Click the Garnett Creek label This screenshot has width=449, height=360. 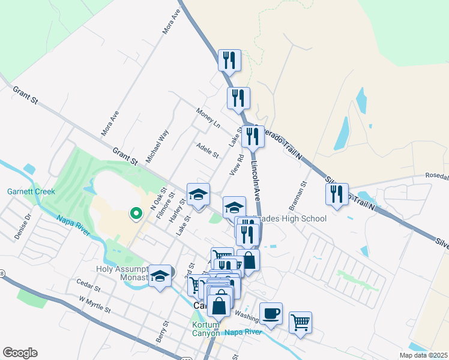click(31, 192)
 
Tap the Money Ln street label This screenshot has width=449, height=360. click(208, 118)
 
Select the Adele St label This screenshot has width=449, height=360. click(208, 151)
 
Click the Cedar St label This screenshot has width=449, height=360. click(88, 281)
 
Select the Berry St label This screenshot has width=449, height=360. click(160, 331)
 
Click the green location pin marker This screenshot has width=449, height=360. click(136, 212)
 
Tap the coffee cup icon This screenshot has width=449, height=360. click(271, 313)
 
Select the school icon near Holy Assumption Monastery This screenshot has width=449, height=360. click(160, 275)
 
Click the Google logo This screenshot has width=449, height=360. click(20, 353)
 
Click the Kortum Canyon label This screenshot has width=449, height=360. click(206, 329)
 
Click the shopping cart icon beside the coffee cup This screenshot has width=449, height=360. click(300, 322)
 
